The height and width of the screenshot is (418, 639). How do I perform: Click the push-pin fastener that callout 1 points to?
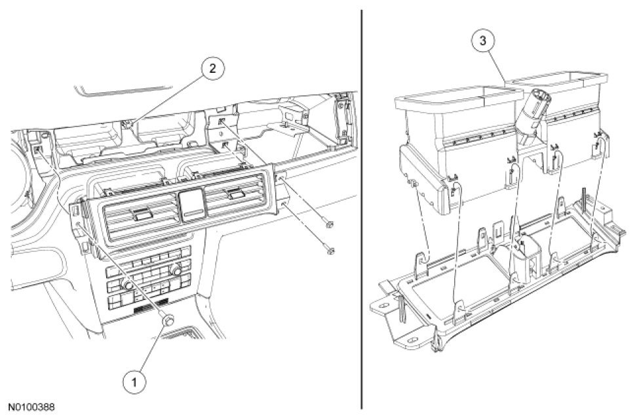pyautogui.click(x=168, y=321)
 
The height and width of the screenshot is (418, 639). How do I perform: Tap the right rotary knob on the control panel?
pyautogui.click(x=176, y=270)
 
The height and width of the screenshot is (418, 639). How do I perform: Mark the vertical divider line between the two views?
pyautogui.click(x=362, y=210)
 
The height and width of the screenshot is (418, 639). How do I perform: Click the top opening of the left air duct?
pyautogui.click(x=450, y=96)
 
